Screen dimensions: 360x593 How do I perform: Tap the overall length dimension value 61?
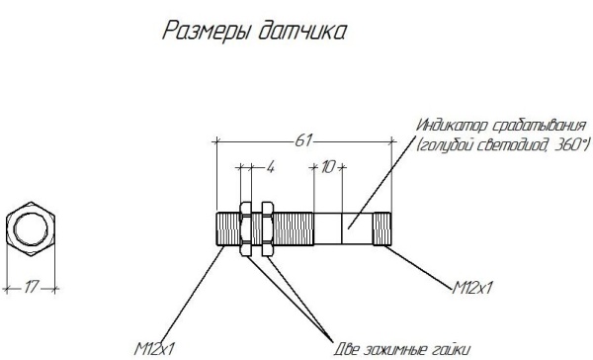click(302, 141)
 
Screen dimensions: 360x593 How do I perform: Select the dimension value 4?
click(269, 167)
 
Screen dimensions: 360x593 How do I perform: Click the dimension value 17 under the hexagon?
click(31, 288)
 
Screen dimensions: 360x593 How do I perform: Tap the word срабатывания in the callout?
click(534, 126)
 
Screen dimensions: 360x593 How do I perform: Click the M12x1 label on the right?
click(474, 288)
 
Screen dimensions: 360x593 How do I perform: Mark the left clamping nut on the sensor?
click(247, 228)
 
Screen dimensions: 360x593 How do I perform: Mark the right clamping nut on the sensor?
click(266, 228)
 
